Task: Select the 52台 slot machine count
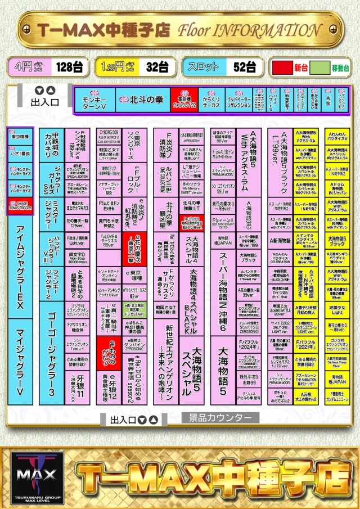click(244, 67)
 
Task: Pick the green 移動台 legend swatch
click(319, 67)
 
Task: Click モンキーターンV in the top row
click(94, 100)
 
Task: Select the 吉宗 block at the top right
click(328, 100)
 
